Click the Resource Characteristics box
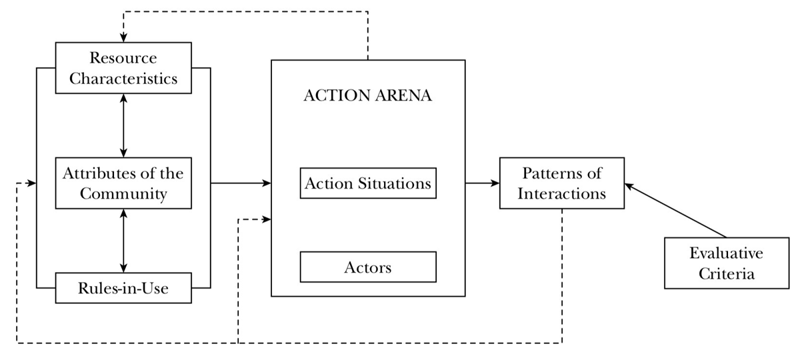tap(123, 68)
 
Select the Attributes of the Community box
tap(123, 183)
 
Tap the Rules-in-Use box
tap(123, 288)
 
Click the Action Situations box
tap(368, 183)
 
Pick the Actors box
tap(368, 267)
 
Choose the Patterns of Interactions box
tap(562, 183)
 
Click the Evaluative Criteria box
tap(727, 263)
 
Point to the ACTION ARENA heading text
tap(368, 95)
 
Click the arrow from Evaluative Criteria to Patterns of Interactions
tap(675, 210)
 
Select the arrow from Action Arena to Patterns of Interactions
tap(482, 183)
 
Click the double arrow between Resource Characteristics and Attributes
tap(123, 126)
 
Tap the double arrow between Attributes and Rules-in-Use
tap(123, 241)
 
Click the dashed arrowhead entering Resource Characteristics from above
tap(123, 38)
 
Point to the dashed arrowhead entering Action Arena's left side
tap(267, 219)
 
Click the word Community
tap(123, 194)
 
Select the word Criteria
tap(727, 274)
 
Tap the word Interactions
tap(562, 193)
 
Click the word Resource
tap(123, 58)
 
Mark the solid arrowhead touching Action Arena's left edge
tap(267, 183)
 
